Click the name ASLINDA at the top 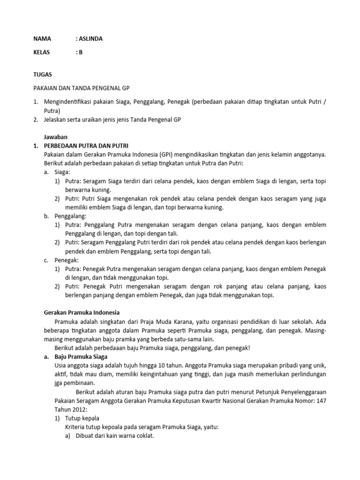[90, 39]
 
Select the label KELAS [43, 52]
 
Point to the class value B [80, 52]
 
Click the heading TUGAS [43, 75]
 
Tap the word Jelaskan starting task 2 [57, 120]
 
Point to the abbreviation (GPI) [165, 154]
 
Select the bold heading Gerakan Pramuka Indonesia [82, 312]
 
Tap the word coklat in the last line [144, 435]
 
